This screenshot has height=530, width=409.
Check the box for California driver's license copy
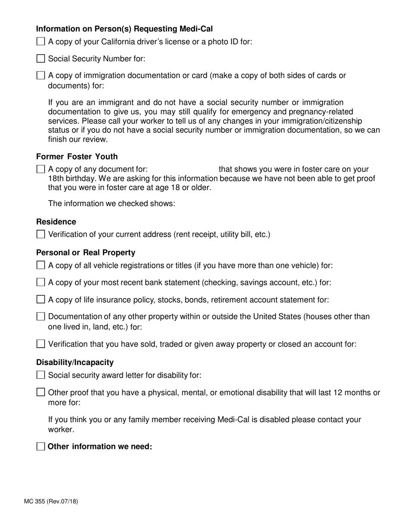[40, 42]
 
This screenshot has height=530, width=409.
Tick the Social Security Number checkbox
[40, 59]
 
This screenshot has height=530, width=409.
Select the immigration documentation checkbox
[40, 75]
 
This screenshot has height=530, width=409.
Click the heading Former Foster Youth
[77, 156]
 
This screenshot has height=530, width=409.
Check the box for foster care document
[40, 169]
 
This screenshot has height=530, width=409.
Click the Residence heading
[56, 222]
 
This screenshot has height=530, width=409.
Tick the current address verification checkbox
[40, 234]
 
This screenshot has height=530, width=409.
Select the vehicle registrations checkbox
[40, 265]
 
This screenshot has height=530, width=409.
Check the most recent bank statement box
[40, 283]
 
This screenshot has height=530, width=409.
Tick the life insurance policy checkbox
[40, 299]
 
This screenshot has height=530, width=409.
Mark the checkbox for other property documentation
[40, 317]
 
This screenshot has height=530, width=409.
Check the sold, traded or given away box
[40, 344]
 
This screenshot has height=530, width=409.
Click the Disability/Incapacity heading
[75, 362]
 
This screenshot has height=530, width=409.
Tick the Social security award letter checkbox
[40, 375]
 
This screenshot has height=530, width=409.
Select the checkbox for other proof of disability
[40, 392]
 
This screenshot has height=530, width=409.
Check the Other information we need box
[40, 446]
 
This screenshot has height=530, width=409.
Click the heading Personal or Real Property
[86, 253]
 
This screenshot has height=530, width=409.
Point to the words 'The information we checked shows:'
[112, 203]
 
